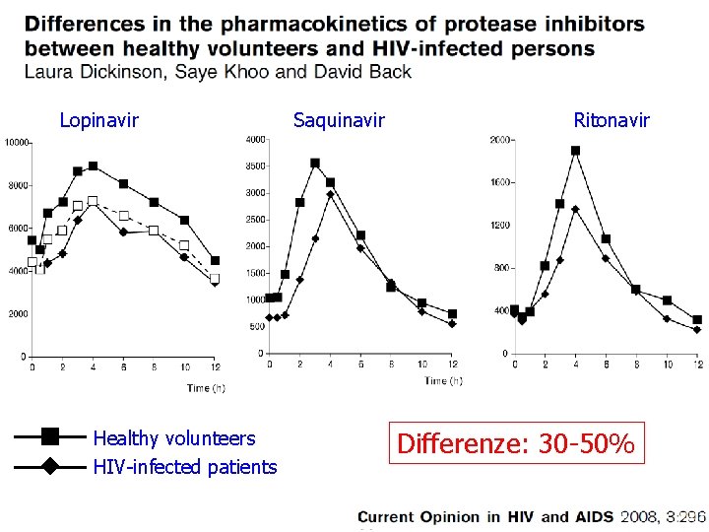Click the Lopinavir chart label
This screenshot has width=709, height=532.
point(98,120)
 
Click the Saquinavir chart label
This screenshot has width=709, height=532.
point(339,120)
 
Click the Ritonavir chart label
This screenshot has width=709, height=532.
point(612,120)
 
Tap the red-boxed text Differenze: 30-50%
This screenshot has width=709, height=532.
point(515,444)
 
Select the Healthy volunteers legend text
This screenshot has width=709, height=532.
point(173,438)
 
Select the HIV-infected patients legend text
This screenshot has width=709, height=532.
point(184,467)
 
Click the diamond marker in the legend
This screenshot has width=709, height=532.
point(51,467)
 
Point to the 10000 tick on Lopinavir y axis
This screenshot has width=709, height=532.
point(16,143)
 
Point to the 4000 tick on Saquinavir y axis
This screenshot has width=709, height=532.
point(255,140)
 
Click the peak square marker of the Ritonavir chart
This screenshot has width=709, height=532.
point(575,151)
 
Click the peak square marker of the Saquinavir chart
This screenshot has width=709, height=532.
point(315,164)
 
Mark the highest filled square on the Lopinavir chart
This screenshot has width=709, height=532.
point(93,166)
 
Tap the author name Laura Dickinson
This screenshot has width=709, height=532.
point(86,71)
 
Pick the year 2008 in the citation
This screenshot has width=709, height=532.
point(642,516)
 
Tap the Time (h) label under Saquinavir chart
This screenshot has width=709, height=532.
point(443,380)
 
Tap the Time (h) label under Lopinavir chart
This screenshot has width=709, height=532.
point(206,388)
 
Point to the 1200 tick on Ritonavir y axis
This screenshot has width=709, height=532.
point(499,226)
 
